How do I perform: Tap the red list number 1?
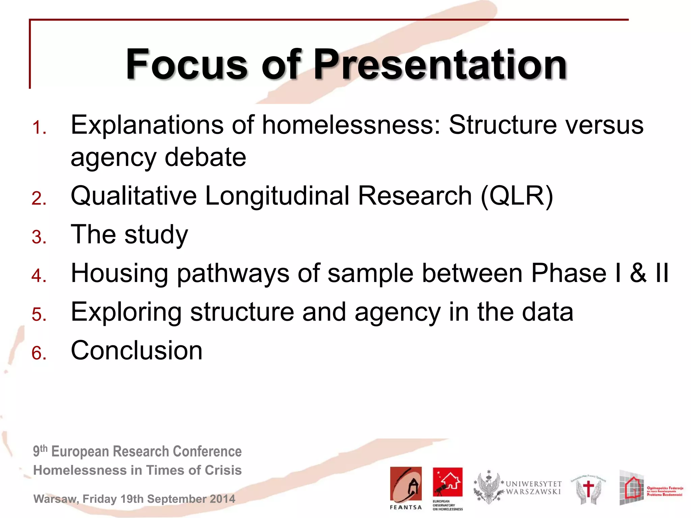pos(39,128)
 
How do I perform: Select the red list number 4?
pos(39,276)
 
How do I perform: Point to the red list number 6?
pos(39,353)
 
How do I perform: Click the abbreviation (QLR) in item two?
pos(517,196)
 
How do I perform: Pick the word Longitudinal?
pos(277,196)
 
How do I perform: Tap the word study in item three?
pos(156,235)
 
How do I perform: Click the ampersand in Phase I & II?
pos(638,273)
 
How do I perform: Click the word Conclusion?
pos(137,351)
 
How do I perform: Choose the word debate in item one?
pos(205,157)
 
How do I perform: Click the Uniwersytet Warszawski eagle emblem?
pos(488,488)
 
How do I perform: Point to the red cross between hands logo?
pos(588,489)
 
